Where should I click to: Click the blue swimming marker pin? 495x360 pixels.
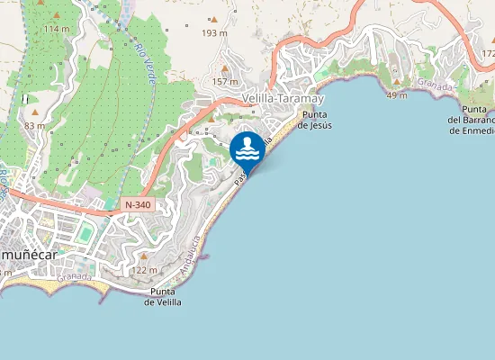247,148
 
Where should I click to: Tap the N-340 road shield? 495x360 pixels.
138,204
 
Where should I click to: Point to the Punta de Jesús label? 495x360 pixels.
317,120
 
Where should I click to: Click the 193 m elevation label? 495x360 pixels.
214,33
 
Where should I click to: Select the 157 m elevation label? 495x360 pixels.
223,82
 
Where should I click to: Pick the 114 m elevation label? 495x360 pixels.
56,30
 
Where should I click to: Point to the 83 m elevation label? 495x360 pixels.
35,126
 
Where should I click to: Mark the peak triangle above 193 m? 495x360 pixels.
214,20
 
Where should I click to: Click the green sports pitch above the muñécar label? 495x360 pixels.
85,234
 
